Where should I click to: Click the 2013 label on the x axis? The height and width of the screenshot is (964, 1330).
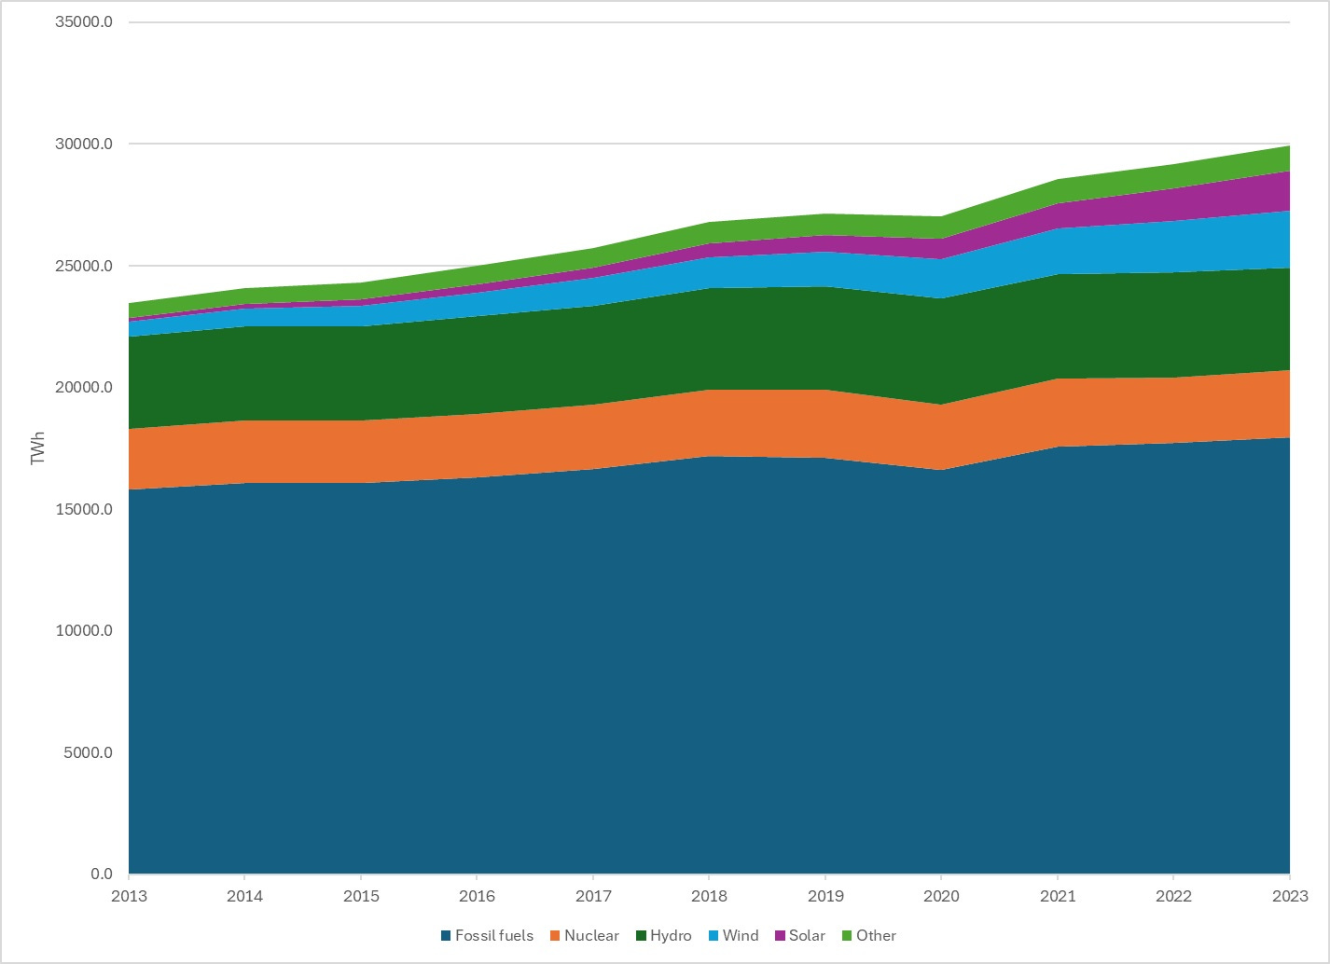pyautogui.click(x=129, y=896)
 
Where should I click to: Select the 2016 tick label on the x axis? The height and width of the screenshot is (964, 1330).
pyautogui.click(x=477, y=896)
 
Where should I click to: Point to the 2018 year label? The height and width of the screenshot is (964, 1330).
pyautogui.click(x=709, y=896)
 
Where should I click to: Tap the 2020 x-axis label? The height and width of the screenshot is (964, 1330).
pyautogui.click(x=941, y=896)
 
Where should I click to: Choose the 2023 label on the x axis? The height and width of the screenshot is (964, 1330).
pyautogui.click(x=1289, y=896)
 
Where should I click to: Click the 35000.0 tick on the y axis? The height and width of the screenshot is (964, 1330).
pyautogui.click(x=84, y=22)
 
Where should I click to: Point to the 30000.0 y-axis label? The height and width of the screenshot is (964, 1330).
pyautogui.click(x=84, y=145)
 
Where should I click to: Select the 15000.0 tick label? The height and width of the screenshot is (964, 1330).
pyautogui.click(x=84, y=510)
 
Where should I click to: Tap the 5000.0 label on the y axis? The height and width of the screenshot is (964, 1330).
pyautogui.click(x=88, y=753)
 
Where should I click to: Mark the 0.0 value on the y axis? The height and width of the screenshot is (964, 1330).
pyautogui.click(x=101, y=874)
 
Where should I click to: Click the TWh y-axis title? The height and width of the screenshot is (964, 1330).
pyautogui.click(x=38, y=448)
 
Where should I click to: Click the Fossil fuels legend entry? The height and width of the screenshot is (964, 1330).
pyautogui.click(x=493, y=936)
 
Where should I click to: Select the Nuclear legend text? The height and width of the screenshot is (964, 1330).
pyautogui.click(x=591, y=936)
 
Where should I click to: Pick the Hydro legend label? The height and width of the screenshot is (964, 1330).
pyautogui.click(x=671, y=936)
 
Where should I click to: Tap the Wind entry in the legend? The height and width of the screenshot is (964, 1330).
pyautogui.click(x=741, y=936)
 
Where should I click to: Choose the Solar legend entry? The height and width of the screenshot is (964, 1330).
pyautogui.click(x=807, y=936)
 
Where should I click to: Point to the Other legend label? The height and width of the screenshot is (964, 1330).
pyautogui.click(x=876, y=936)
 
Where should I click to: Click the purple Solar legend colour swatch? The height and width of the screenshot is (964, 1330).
pyautogui.click(x=780, y=936)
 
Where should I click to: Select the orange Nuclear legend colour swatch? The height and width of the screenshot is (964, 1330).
pyautogui.click(x=555, y=936)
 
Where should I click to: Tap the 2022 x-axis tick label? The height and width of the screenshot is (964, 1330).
pyautogui.click(x=1173, y=896)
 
